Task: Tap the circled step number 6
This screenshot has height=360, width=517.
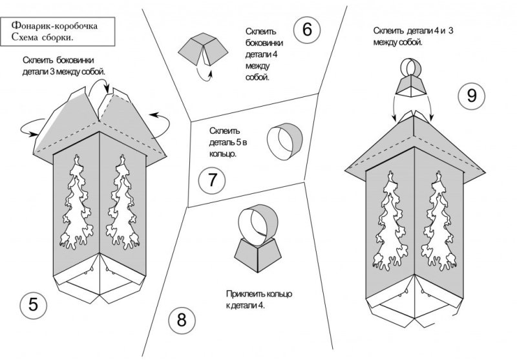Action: (306, 29)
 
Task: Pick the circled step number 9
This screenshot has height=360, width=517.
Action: (471, 96)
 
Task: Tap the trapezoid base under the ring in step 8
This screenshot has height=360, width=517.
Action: (255, 254)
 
